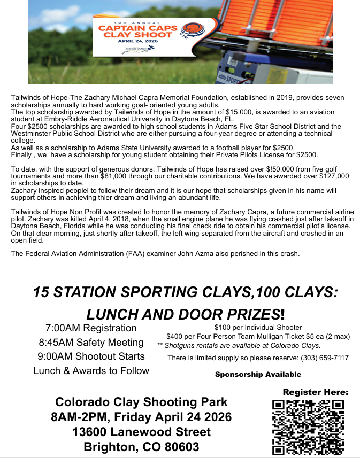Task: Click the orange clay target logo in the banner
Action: tap(190, 29)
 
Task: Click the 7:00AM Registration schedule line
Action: tap(91, 328)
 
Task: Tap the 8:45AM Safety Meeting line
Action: tap(91, 343)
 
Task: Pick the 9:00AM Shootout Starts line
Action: tap(91, 356)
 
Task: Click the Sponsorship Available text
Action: tap(258, 375)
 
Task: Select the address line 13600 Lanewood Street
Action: tap(142, 432)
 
